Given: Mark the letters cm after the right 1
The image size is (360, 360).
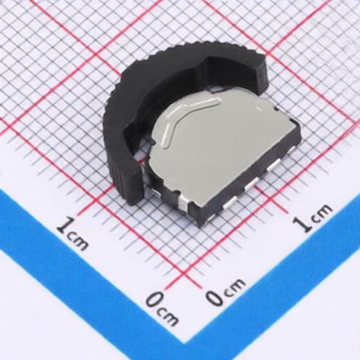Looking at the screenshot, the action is (x=322, y=212).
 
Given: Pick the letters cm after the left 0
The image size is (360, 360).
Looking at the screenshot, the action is (x=167, y=316).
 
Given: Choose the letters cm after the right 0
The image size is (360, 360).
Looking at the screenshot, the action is (x=233, y=285).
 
